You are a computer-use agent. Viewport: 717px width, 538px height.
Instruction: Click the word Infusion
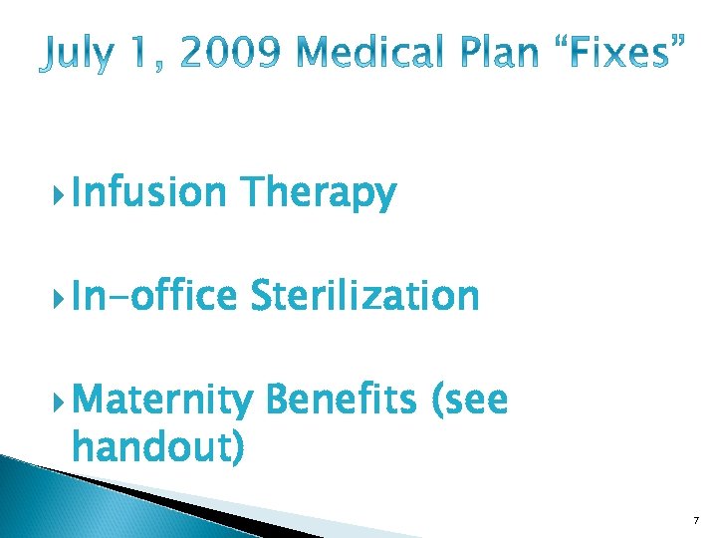point(149,193)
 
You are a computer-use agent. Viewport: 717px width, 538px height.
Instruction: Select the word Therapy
point(319,193)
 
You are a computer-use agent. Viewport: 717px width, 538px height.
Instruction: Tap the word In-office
point(154,296)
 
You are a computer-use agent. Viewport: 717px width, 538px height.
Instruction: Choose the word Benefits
point(340,401)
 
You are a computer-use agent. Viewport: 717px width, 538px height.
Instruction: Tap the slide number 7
point(696,520)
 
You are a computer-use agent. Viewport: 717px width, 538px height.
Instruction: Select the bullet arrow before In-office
point(62,297)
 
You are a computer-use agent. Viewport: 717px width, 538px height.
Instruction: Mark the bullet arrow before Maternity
point(62,402)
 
